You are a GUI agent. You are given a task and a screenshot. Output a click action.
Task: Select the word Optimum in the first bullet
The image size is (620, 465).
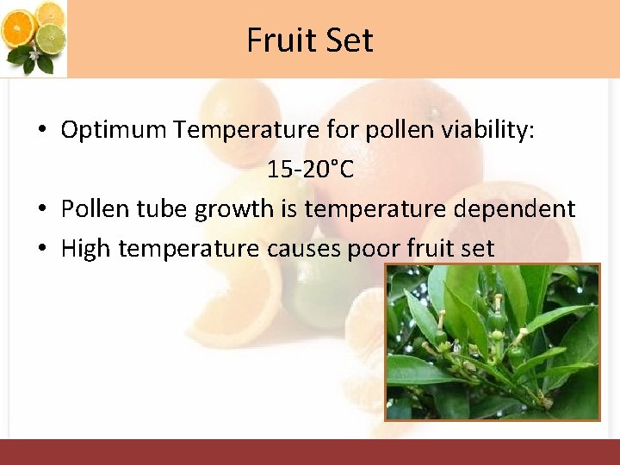tap(114, 130)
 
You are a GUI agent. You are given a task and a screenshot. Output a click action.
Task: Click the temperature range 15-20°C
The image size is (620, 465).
tap(310, 170)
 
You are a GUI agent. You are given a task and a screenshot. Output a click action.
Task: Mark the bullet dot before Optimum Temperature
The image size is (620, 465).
tap(41, 131)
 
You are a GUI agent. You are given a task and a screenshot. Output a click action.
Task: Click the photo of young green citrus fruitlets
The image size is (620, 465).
tap(492, 342)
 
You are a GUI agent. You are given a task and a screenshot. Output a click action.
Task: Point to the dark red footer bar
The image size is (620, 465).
tap(310, 452)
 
